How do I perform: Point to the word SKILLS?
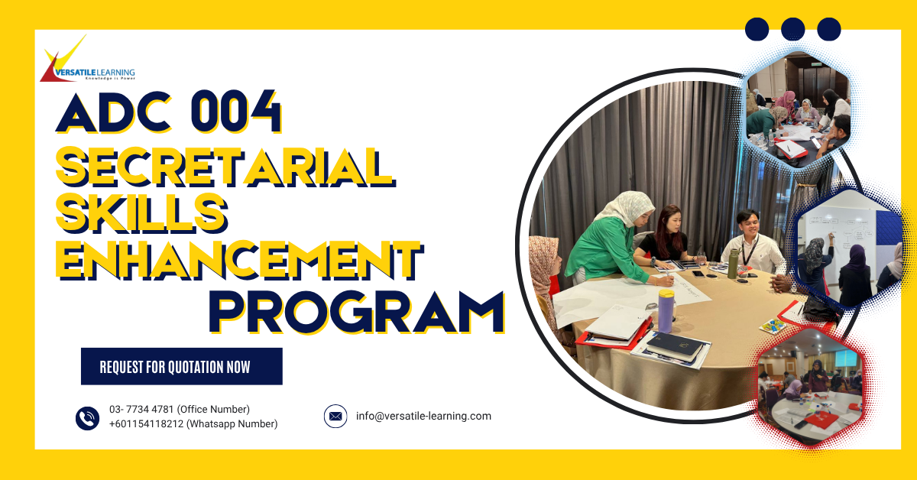click(x=142, y=212)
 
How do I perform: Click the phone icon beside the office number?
click(x=88, y=417)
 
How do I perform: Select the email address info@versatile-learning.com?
click(x=423, y=417)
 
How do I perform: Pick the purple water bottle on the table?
click(x=666, y=310)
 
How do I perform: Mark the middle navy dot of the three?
click(x=793, y=29)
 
